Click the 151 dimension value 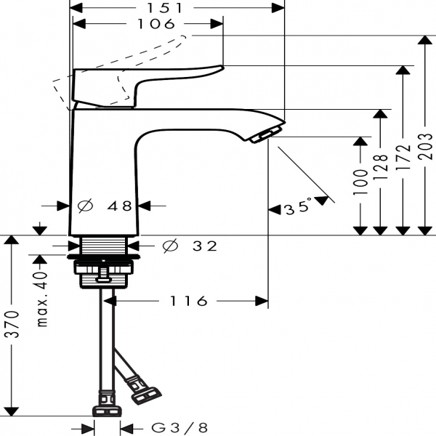point(178,8)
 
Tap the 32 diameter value point(205,246)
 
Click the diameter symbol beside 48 point(85,206)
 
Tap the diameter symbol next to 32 point(170,246)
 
